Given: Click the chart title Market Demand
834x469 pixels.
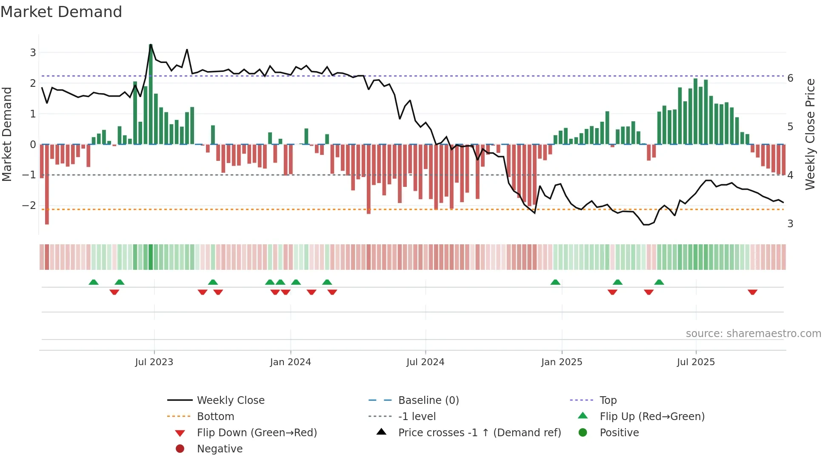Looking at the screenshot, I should click(x=61, y=12).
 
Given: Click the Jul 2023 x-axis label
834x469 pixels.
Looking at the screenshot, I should click(x=154, y=362).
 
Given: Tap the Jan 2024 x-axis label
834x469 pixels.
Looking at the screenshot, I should click(x=290, y=362).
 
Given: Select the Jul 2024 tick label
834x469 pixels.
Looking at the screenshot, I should click(x=425, y=362).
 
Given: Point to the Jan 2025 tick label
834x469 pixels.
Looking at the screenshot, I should click(x=561, y=362).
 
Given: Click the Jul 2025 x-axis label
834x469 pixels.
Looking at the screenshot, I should click(x=696, y=362).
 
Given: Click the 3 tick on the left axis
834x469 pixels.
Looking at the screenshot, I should click(x=33, y=53).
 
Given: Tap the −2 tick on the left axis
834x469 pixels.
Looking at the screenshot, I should click(x=29, y=206).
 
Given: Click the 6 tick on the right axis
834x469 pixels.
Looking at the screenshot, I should click(x=790, y=78).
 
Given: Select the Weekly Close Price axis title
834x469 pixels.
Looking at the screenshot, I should click(x=810, y=134).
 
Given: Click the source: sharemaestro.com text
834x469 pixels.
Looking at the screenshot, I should click(x=753, y=334).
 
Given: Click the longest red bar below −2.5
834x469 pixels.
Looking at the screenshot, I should click(x=47, y=184).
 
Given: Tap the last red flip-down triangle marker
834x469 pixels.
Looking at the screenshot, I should click(x=752, y=292).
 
